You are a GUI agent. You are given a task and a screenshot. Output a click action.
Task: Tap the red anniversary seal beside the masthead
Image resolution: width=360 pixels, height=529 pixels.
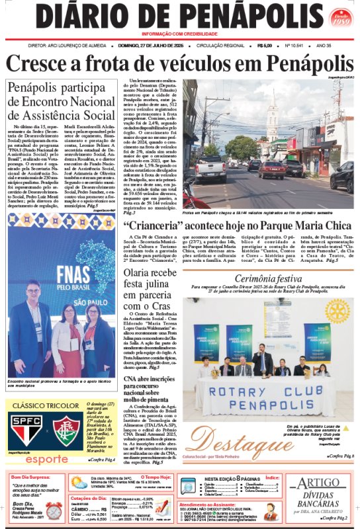tap(341, 17)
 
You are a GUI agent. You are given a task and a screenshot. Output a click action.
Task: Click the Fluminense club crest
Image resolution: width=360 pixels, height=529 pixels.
tap(67, 430)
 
